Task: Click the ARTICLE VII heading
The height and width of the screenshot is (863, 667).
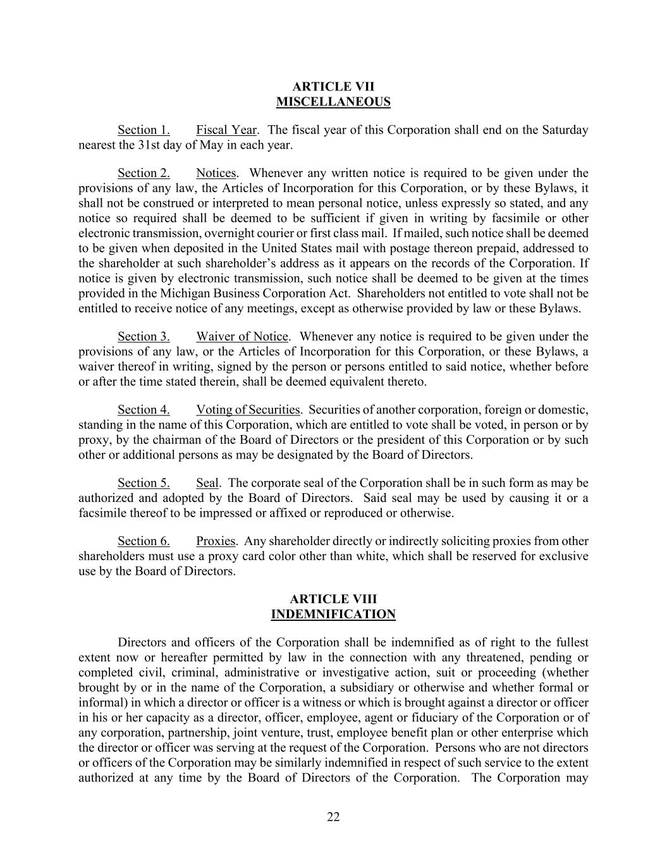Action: pos(333,87)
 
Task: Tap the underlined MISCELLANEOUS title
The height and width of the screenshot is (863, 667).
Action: pos(333,102)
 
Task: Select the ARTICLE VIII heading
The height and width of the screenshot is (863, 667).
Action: pos(333,599)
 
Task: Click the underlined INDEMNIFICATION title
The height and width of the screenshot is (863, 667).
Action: pos(333,614)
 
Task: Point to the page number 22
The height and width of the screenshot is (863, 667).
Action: pos(333,817)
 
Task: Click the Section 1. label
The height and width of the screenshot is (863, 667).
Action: pos(144,130)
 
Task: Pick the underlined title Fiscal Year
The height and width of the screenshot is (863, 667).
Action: pos(226,130)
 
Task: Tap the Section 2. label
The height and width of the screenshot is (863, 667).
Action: pos(144,173)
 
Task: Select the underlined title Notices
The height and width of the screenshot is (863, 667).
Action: pos(216,173)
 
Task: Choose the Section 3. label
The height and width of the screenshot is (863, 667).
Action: pos(144,336)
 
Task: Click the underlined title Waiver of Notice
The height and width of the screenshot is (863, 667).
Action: pos(242,336)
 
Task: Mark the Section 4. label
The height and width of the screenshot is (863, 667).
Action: pos(144,410)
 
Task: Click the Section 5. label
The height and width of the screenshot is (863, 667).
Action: pos(144,483)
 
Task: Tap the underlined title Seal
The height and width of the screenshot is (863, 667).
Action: pos(207,483)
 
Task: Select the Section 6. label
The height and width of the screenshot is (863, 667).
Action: pos(144,541)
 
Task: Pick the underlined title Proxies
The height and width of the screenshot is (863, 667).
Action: pos(216,541)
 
